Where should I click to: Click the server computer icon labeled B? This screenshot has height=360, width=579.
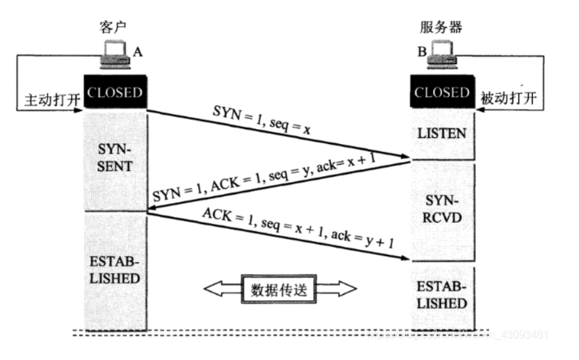coord(442,55)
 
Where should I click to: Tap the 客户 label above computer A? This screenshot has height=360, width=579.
coord(113,27)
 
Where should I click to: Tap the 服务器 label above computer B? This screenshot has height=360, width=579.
coord(441,27)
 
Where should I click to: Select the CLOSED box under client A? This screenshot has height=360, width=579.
coord(115,92)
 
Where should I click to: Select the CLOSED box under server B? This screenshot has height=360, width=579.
coord(442,92)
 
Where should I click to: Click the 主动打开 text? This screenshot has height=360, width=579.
coord(52,100)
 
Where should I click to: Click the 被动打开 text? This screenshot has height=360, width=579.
coord(509,98)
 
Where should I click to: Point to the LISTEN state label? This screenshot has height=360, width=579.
coord(442,134)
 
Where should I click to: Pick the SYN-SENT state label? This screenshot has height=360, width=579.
coord(114,158)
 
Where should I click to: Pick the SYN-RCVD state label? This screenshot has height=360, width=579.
coord(442,209)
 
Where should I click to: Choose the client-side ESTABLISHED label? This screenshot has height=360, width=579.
coord(114,270)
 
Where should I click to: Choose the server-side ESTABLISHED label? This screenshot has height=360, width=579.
coord(442,295)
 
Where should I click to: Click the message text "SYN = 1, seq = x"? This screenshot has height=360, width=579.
coord(262,120)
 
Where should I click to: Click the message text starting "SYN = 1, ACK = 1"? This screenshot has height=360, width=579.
coord(264,178)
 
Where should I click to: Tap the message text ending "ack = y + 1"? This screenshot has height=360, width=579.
coord(297,227)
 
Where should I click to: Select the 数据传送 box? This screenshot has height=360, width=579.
coord(279,290)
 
